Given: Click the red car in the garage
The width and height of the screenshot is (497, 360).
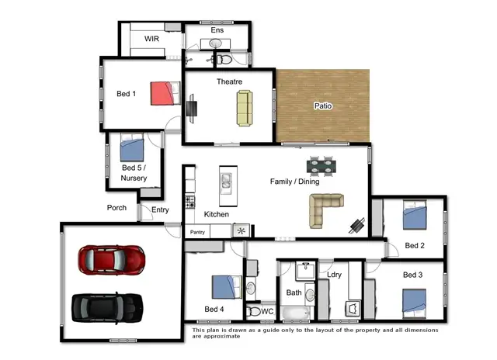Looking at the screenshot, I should [x=111, y=258].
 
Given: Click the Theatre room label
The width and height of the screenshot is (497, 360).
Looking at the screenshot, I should [x=229, y=81].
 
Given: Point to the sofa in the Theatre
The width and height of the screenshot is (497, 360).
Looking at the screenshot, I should [x=245, y=107].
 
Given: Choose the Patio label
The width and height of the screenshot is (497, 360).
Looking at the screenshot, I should [x=323, y=106].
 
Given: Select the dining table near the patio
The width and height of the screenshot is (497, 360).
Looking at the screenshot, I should [x=323, y=164].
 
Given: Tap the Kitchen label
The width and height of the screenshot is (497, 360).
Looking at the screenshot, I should [x=216, y=214].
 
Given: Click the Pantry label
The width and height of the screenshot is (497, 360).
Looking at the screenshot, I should [x=197, y=231].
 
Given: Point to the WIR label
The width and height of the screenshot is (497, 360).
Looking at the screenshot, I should [x=151, y=38].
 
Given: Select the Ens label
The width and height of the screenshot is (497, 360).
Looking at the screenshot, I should [x=217, y=31].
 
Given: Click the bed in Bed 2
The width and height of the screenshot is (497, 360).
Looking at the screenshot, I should [x=414, y=215].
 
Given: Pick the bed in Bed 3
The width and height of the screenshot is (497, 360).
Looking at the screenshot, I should [x=413, y=301].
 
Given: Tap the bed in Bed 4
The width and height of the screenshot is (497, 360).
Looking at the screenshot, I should [x=225, y=287].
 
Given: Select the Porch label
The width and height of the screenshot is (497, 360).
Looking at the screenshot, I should [x=116, y=208].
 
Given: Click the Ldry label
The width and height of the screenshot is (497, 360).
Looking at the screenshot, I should [x=335, y=275].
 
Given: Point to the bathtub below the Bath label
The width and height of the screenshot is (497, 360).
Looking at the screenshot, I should [x=295, y=314].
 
